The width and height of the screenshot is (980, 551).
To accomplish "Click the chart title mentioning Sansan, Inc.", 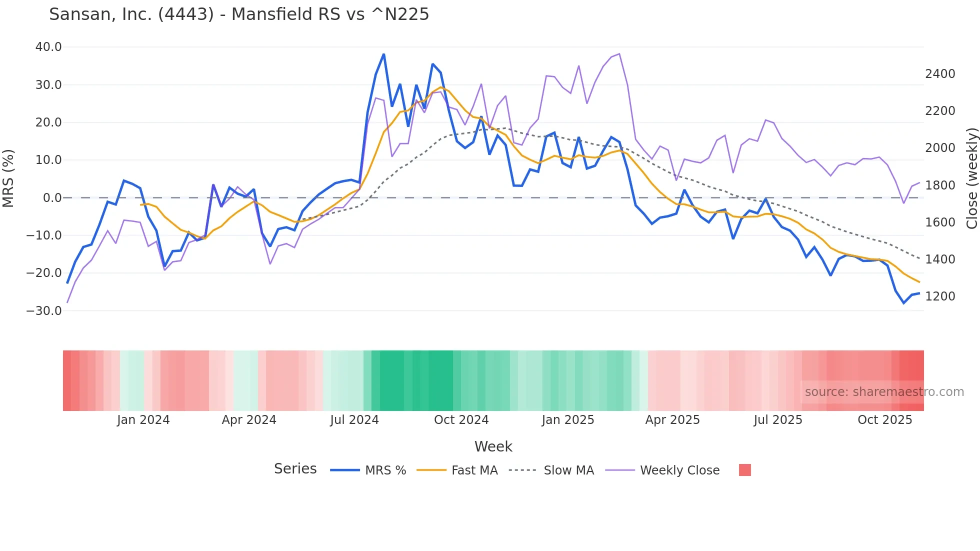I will point(239,14).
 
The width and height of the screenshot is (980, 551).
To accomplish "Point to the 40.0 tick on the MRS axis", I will point(48,47).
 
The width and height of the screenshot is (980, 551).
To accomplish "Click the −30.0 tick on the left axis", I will point(44,310).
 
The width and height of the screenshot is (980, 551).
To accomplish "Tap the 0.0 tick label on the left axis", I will point(52,198).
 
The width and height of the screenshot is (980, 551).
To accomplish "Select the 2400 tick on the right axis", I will point(940,74).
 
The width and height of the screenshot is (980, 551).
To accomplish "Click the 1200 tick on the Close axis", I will point(940,296).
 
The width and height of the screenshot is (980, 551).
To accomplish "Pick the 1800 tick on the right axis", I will point(940,185).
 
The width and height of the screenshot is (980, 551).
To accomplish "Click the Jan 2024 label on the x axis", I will point(143,420).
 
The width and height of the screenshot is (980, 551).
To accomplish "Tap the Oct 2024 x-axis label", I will point(461,420).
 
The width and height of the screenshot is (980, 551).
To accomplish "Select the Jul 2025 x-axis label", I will point(778,420).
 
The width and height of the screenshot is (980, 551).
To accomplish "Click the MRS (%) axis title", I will point(8,178).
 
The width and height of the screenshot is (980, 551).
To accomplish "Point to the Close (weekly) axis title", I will point(971,178).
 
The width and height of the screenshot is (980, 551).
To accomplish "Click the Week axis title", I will point(493,446).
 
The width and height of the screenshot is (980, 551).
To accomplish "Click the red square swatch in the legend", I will point(744,470).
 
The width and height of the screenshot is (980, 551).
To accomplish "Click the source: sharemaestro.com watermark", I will point(884,392).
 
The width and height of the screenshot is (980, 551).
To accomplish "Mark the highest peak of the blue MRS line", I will point(383,54).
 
